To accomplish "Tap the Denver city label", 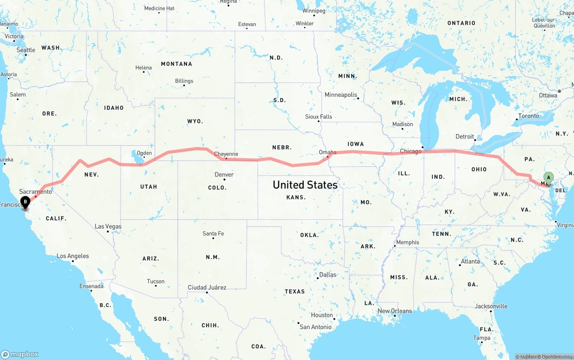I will pos(224,174).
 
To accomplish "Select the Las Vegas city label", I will pos(108,226).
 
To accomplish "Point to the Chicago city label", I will pos(411,151).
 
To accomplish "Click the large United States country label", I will pos(305,185).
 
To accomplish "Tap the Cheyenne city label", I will pos(226,154).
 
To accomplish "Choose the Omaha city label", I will pos(327,152).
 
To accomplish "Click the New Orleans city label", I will pos(395,311).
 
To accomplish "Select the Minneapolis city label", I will pos(341,95).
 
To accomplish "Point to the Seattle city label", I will pos(26,50).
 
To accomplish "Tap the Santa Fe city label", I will pos(213,233).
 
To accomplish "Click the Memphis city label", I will pos(408,242).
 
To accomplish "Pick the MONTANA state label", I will pos(177,64).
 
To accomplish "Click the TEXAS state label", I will pos(295,291).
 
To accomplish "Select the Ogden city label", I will pos(144,153).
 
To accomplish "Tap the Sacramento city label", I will pos(35,191).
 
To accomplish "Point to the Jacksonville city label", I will pos(491,306).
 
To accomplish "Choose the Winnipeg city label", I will pos(314,10).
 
